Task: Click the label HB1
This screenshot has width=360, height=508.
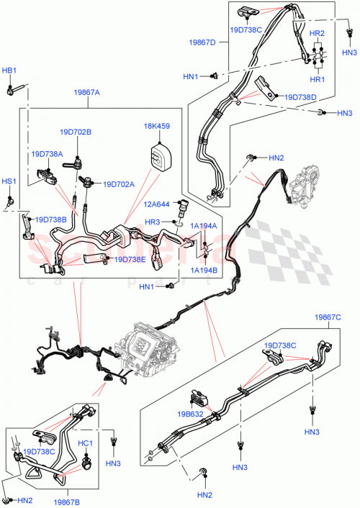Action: pyautogui.click(x=9, y=71)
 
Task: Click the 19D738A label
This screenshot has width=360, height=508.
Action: pyautogui.click(x=47, y=154)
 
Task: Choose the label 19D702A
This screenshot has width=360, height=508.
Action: pyautogui.click(x=119, y=184)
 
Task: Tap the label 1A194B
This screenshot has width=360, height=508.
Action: pyautogui.click(x=204, y=270)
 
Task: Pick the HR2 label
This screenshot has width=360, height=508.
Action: pyautogui.click(x=317, y=33)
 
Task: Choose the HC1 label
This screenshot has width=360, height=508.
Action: pyautogui.click(x=85, y=443)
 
